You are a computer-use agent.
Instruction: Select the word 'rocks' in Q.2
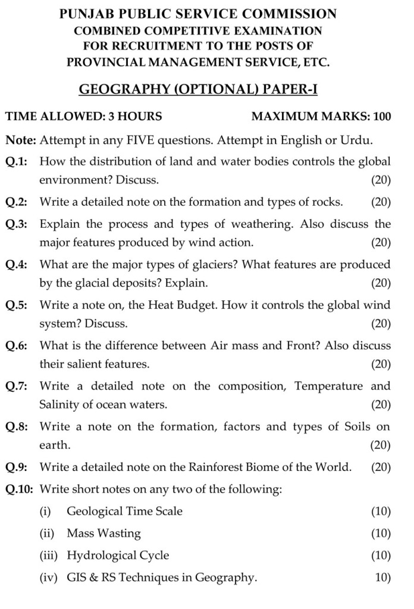(325, 202)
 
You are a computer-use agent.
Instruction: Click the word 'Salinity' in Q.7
(62, 405)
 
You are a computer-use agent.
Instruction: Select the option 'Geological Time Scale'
(124, 511)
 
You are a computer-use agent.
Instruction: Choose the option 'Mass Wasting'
(103, 533)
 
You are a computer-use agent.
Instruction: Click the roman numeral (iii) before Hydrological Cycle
(49, 555)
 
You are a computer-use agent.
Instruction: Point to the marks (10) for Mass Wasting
(381, 533)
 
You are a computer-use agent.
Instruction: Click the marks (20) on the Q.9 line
(381, 467)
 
